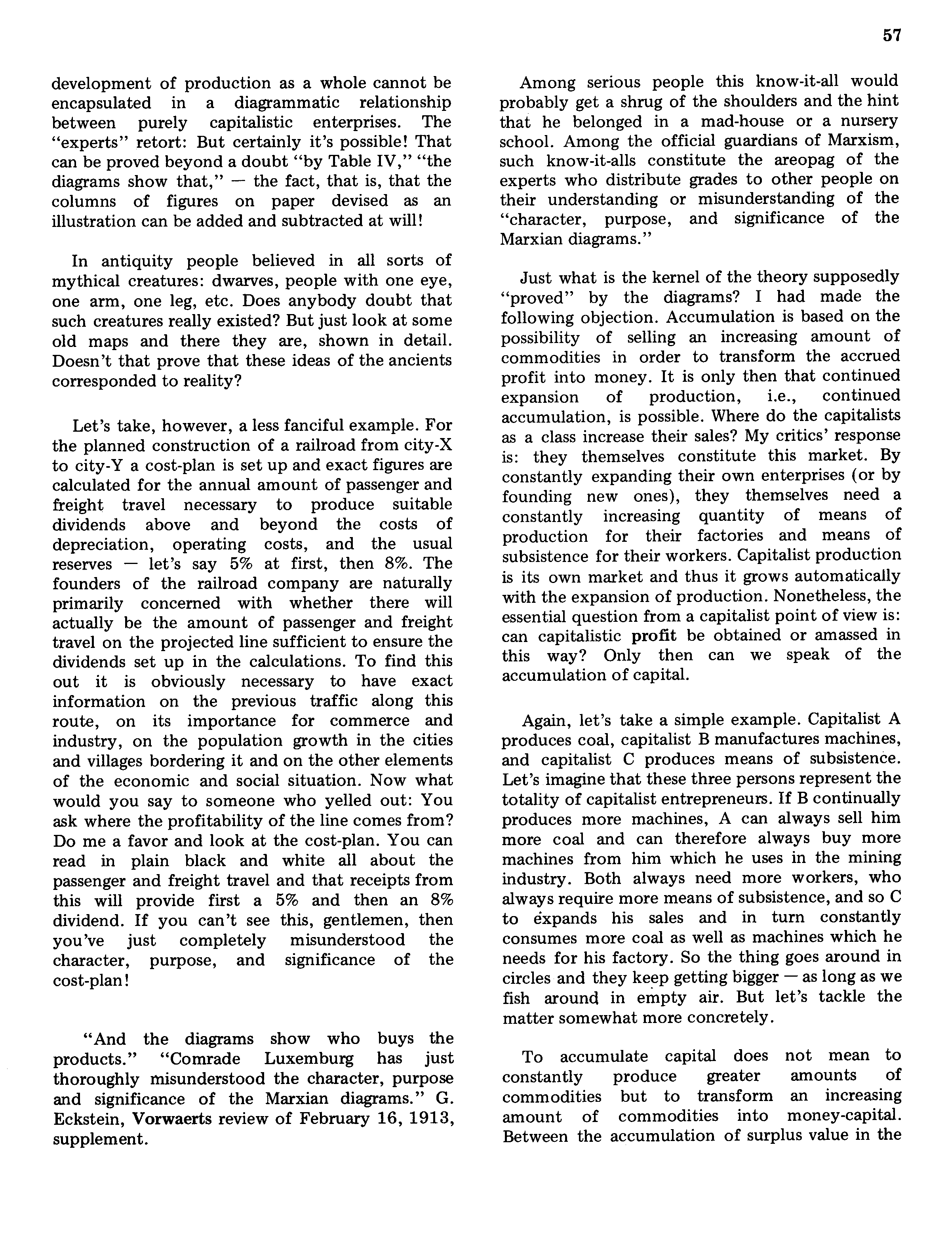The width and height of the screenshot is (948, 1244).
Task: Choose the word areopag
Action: [x=805, y=161]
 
